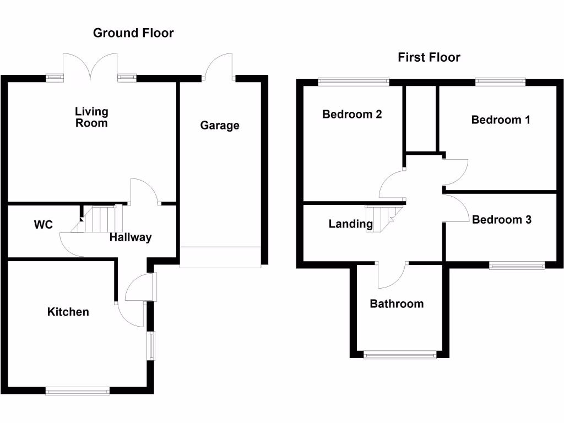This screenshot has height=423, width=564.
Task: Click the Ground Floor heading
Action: coord(133,33)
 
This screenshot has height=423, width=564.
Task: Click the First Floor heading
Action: coord(429,57)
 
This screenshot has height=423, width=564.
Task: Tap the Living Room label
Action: coord(91,117)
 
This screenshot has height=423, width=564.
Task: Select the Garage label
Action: coord(220,125)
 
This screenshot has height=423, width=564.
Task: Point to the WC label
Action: coord(43,225)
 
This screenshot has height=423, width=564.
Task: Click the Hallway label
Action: coord(131,237)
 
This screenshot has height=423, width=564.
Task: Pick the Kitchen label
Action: coord(68,312)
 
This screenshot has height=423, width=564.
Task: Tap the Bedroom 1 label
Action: coord(501,120)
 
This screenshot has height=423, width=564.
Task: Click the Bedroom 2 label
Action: coord(352,115)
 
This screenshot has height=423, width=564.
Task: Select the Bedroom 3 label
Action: coord(502,219)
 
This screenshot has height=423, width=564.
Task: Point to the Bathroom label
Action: coord(397,304)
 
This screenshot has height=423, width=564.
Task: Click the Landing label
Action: coord(351,224)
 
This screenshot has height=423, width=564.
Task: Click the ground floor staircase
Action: coord(97,219)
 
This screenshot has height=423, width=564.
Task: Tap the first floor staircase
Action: coord(383,219)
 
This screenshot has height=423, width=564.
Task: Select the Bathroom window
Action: coord(400,355)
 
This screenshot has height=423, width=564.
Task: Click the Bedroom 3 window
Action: coord(517,265)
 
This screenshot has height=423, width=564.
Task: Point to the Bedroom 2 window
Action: coord(354,82)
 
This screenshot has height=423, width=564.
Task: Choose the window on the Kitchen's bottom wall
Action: coord(78,391)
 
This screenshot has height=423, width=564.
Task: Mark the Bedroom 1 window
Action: coord(500,82)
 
